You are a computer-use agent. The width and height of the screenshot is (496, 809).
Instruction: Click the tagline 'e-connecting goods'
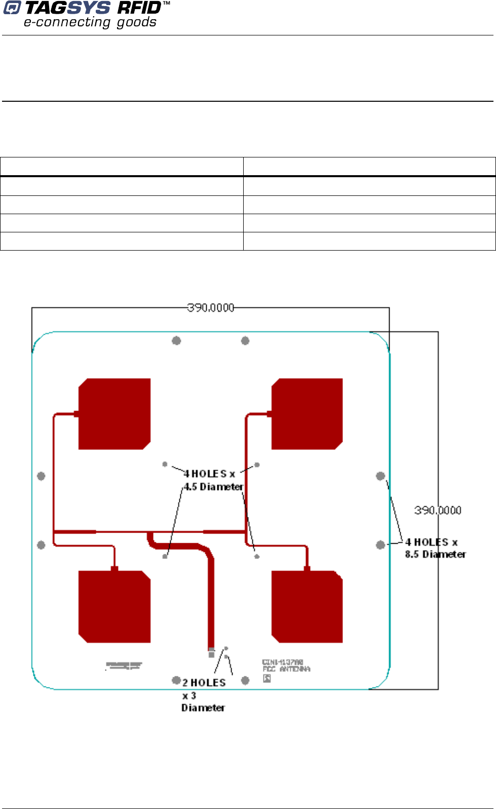click(90, 22)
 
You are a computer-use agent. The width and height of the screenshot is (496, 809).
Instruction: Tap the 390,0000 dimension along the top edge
click(211, 308)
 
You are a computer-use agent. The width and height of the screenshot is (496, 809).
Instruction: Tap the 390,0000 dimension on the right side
click(438, 510)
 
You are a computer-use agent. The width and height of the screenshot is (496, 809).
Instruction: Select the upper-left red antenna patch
click(115, 414)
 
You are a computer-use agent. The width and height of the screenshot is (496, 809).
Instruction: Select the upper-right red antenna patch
click(307, 414)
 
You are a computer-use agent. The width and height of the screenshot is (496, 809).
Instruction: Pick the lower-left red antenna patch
click(115, 606)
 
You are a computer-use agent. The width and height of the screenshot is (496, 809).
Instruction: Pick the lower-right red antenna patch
click(307, 606)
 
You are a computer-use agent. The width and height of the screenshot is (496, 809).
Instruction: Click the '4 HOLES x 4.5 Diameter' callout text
click(213, 480)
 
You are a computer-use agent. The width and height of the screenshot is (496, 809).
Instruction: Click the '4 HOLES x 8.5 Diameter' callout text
click(435, 548)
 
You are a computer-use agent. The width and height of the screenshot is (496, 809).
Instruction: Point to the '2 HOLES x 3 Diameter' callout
click(203, 695)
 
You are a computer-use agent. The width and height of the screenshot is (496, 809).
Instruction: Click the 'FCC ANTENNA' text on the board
click(286, 669)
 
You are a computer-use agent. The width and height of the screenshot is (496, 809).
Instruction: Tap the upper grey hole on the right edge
click(380, 476)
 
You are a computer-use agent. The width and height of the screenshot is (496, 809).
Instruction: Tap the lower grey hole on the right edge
click(380, 545)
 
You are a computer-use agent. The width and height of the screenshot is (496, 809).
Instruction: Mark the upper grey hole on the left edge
click(42, 476)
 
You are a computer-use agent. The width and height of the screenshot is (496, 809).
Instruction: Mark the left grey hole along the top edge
click(176, 341)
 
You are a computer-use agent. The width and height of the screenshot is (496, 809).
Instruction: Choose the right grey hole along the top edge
click(245, 341)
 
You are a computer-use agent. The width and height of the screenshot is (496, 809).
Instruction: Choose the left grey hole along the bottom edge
click(176, 680)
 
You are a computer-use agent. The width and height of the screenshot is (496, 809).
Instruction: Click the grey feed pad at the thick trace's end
click(211, 652)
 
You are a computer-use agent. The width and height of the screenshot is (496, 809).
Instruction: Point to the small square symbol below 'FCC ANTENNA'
click(266, 678)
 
